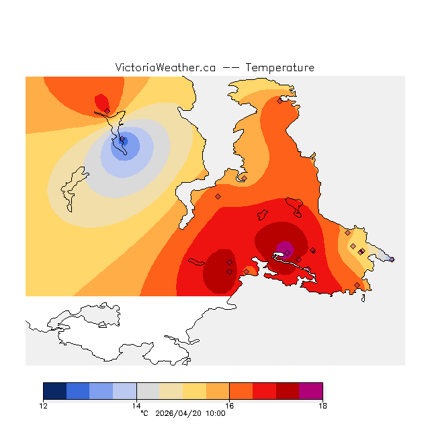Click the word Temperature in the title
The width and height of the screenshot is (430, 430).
coord(279,68)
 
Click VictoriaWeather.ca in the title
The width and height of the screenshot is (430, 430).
coord(165,68)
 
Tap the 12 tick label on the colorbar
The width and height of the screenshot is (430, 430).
coord(43,405)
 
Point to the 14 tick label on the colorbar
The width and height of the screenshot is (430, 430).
coord(136,405)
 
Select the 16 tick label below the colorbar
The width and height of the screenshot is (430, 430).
coord(229,405)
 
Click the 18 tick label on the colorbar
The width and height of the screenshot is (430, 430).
coord(322,405)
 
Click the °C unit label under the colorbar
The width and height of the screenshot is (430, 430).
coord(144,413)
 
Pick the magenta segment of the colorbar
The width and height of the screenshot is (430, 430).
coord(311,391)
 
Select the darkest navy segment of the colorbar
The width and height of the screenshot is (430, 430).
coord(54,391)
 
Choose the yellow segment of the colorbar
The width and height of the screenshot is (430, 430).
coord(194,391)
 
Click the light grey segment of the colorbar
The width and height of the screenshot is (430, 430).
coord(148,391)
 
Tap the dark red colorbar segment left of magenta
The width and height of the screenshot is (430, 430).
coord(288,391)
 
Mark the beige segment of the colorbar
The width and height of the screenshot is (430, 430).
coord(171,391)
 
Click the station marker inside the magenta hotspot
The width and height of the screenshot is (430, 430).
coord(287,253)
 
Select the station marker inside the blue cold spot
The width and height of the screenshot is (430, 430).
coord(122,140)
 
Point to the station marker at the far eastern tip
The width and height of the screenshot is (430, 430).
coord(392,259)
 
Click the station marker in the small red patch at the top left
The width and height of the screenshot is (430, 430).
coord(107,111)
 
